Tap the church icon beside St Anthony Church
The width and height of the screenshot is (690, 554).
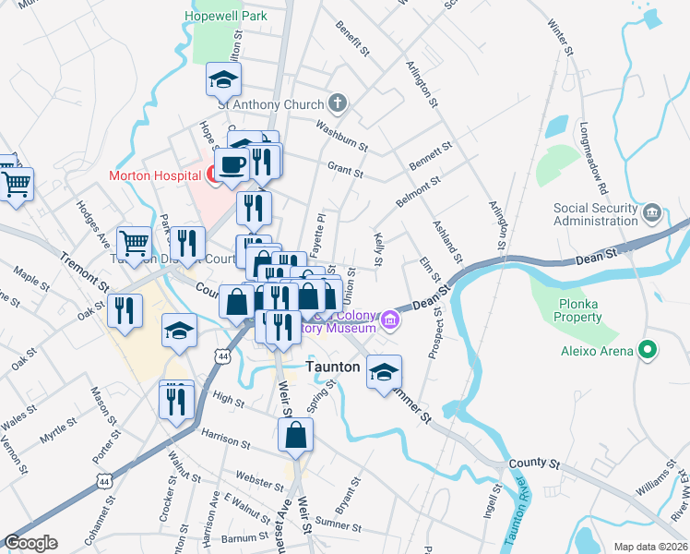click(x=339, y=103)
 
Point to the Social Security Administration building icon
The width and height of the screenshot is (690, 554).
click(x=653, y=213)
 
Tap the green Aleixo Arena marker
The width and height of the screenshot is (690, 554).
click(x=647, y=351)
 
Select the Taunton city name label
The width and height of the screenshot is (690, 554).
click(x=332, y=367)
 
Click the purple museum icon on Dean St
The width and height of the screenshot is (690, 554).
click(x=392, y=320)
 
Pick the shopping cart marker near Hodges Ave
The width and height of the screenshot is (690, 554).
click(x=135, y=244)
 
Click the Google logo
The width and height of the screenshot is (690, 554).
click(x=30, y=542)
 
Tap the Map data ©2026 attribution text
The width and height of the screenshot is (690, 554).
click(x=650, y=547)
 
